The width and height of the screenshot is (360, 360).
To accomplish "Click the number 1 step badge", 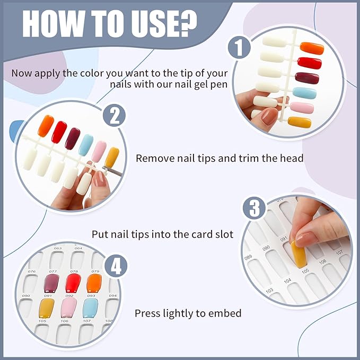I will [239, 48].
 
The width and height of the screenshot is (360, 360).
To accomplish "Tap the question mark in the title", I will [188, 22].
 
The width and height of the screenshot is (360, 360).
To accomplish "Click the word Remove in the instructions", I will [154, 158].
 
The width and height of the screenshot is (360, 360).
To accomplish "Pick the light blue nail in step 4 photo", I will [91, 308].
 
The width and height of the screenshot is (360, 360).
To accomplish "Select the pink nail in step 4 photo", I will [68, 308].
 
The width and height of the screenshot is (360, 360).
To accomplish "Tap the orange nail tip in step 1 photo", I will [312, 48].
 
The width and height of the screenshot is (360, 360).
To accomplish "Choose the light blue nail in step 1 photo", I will [305, 93].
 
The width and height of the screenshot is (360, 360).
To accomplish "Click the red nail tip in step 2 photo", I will [59, 132].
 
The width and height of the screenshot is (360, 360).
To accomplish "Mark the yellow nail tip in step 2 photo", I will [111, 157].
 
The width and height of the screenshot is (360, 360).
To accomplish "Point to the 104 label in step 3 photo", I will [287, 280].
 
